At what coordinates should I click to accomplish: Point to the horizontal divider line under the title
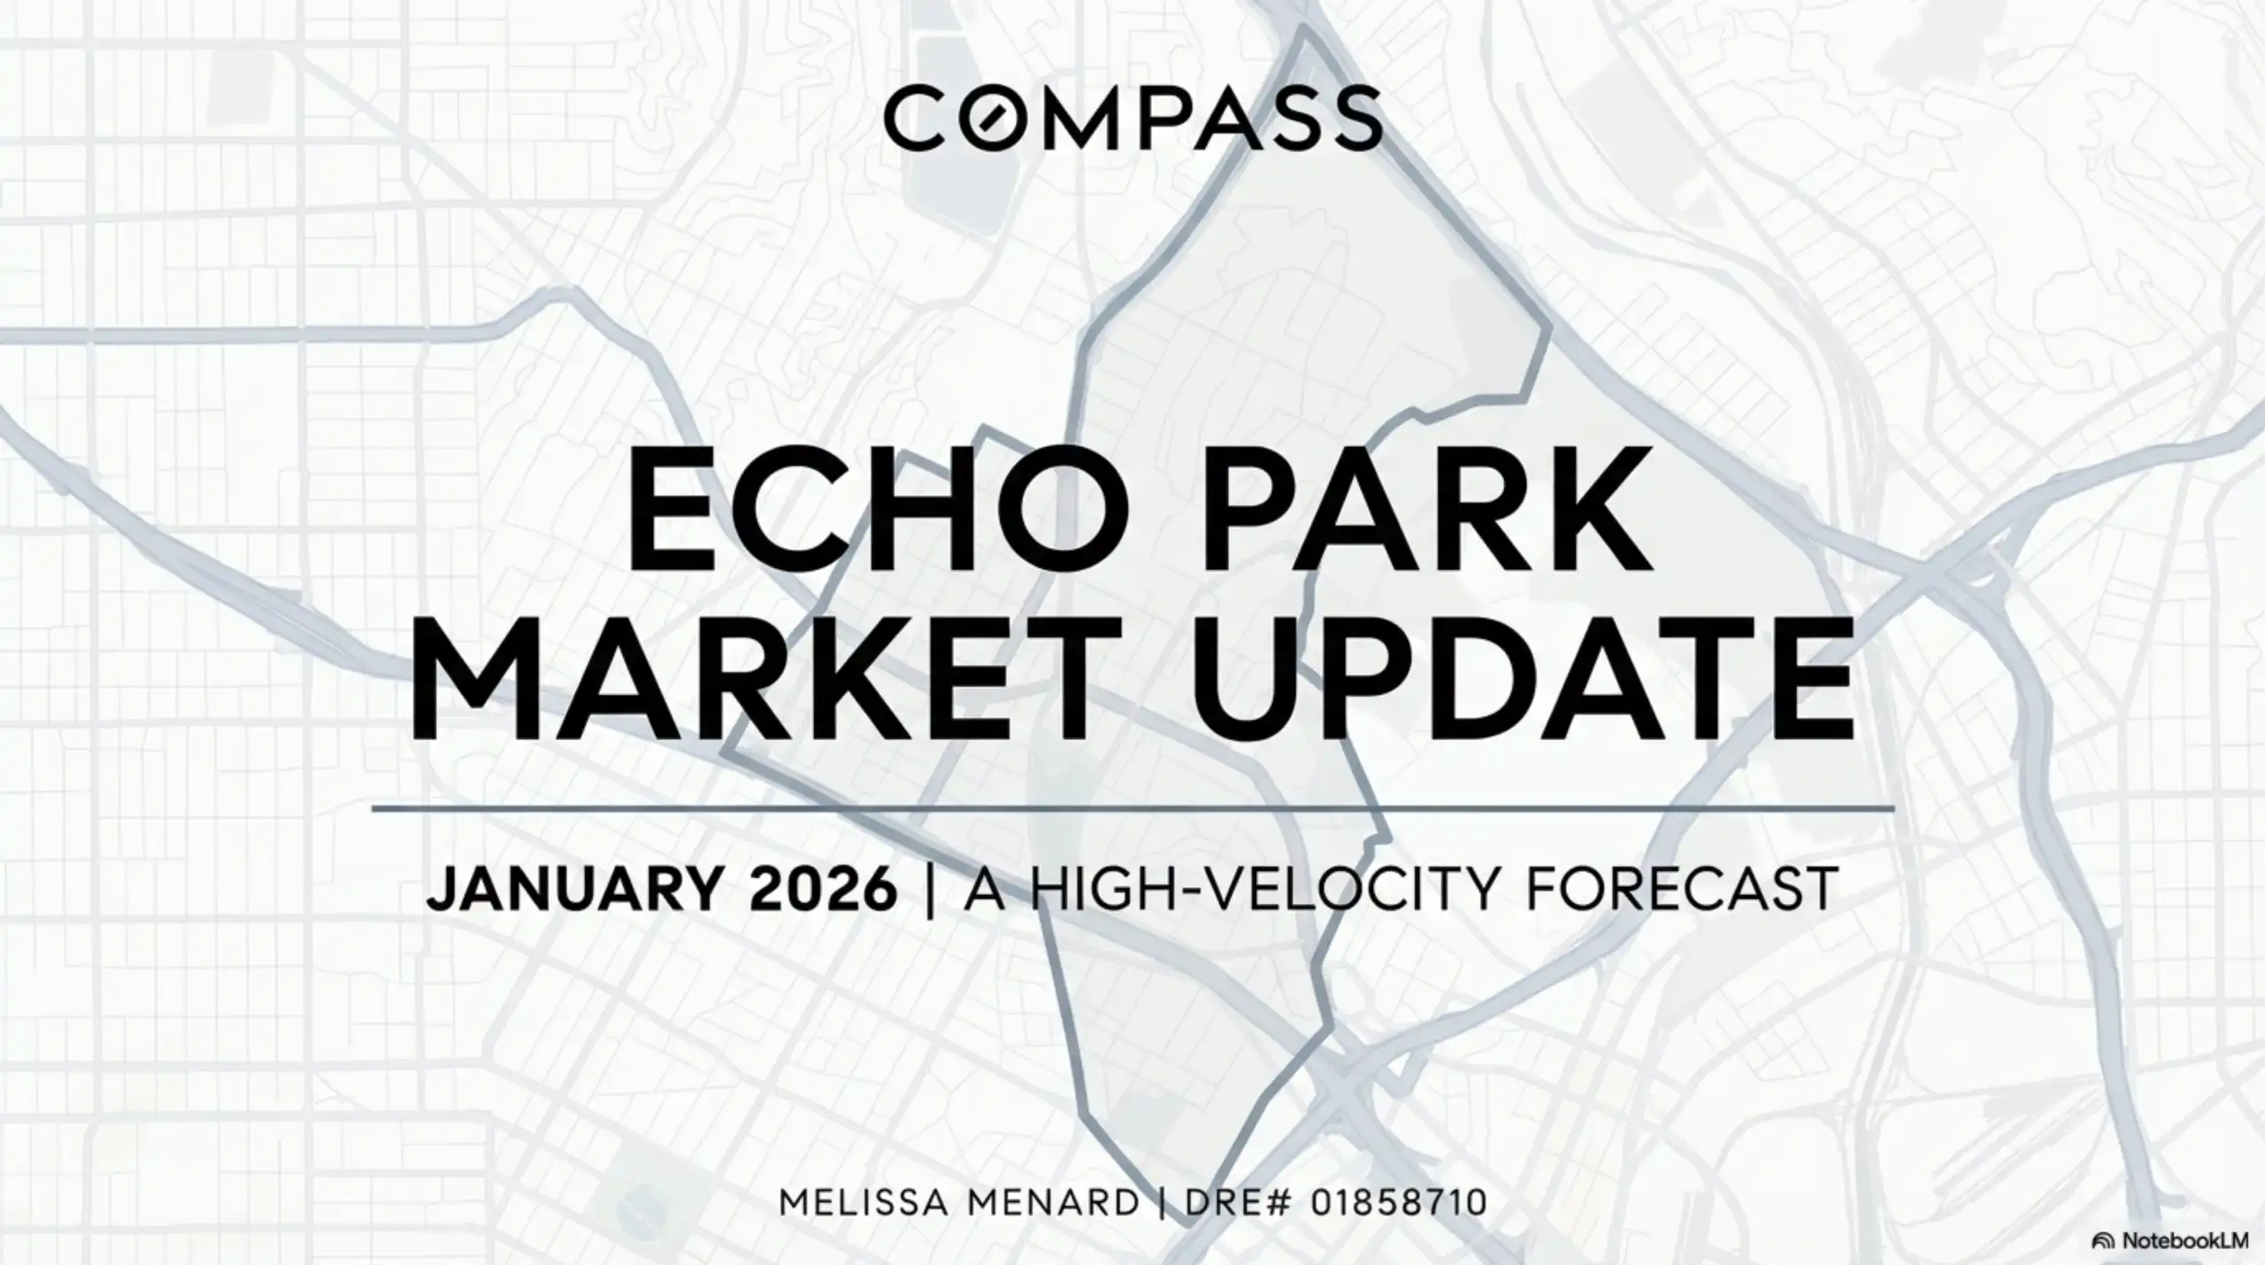pos(1132,808)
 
